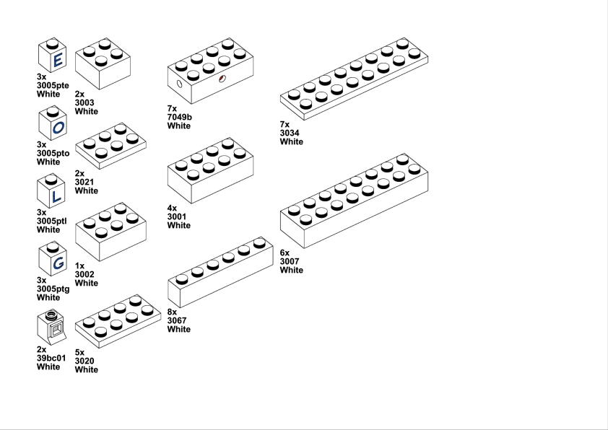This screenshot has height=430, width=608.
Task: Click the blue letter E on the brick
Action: pyautogui.click(x=58, y=60)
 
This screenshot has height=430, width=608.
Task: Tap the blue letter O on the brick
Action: pyautogui.click(x=58, y=127)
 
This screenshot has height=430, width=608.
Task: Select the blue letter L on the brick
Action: pyautogui.click(x=56, y=196)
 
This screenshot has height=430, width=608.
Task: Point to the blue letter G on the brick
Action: pyautogui.click(x=58, y=263)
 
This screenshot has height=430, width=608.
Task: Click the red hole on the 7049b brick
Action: pyautogui.click(x=222, y=79)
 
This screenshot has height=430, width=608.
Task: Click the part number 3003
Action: pyautogui.click(x=84, y=102)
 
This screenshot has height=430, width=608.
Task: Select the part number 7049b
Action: pyautogui.click(x=180, y=117)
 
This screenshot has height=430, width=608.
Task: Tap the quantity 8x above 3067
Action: pyautogui.click(x=172, y=312)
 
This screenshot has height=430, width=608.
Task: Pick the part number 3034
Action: pyautogui.click(x=290, y=133)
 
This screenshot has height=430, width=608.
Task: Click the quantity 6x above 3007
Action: pyautogui.click(x=285, y=253)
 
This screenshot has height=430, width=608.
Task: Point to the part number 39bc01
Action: pyautogui.click(x=51, y=358)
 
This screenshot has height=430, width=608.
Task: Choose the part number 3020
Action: pyautogui.click(x=84, y=361)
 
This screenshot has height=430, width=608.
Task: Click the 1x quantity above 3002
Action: pyautogui.click(x=80, y=266)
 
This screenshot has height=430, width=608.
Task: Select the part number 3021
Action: pyautogui.click(x=84, y=182)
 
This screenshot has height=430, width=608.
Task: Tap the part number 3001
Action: pyautogui.click(x=177, y=216)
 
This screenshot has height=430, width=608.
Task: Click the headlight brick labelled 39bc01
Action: pyautogui.click(x=51, y=328)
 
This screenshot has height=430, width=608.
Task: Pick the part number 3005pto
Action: pyautogui.click(x=53, y=154)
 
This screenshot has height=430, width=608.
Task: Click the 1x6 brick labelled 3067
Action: pyautogui.click(x=221, y=272)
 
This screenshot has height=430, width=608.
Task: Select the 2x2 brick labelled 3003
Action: pyautogui.click(x=103, y=63)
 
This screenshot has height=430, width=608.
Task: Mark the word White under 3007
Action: pyautogui.click(x=292, y=270)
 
